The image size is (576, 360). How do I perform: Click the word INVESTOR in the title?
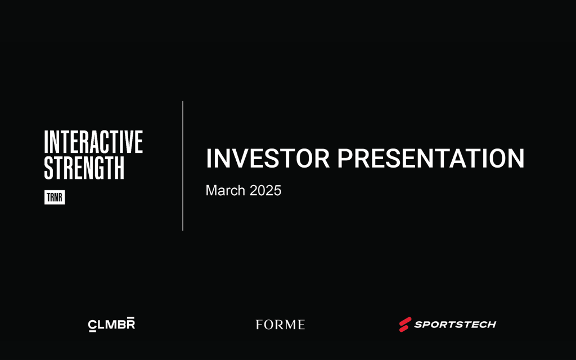[x=268, y=158]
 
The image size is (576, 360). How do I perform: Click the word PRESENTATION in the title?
[x=431, y=158]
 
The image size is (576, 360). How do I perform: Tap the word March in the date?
[x=225, y=190]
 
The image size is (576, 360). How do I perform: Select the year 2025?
[x=265, y=190]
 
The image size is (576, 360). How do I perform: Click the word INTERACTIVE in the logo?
[x=93, y=142]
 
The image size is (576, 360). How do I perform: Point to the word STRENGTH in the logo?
[x=84, y=168]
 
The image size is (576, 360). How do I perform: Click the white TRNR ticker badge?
[x=55, y=197]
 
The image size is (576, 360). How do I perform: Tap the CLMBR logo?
[x=111, y=325]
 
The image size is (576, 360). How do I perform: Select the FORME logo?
[x=280, y=325]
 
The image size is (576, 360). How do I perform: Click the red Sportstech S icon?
[x=405, y=325]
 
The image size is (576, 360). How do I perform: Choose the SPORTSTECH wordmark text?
[x=455, y=325]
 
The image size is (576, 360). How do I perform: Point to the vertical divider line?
[x=183, y=166]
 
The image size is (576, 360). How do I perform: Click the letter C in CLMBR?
[x=92, y=326]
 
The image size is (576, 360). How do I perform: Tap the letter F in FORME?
[x=259, y=325]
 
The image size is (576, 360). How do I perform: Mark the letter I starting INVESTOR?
[x=208, y=158]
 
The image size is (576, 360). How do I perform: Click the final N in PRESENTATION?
[x=516, y=158]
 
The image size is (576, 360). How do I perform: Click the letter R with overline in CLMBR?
[x=130, y=323]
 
